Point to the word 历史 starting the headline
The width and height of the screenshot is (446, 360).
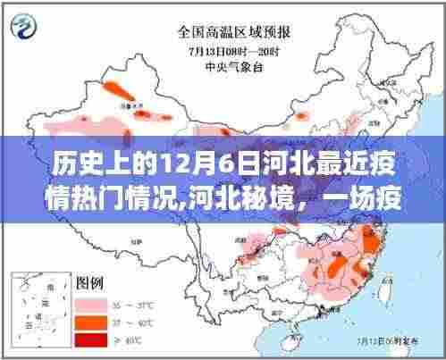coord(73,163)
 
